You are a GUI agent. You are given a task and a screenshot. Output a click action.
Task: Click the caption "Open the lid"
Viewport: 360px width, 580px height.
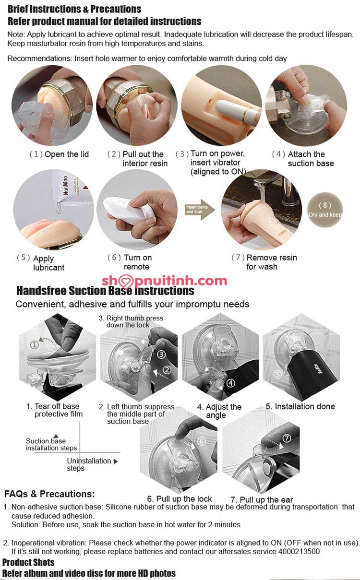click(x=67, y=154)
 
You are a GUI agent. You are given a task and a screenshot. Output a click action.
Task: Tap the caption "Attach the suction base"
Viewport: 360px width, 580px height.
click(x=311, y=159)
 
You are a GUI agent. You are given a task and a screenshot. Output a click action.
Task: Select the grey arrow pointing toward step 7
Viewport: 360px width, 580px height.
click(x=200, y=210)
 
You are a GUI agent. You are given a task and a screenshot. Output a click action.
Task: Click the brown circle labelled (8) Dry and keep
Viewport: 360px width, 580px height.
click(x=325, y=210)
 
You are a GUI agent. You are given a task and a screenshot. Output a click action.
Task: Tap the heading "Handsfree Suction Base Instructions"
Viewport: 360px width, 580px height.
click(x=105, y=291)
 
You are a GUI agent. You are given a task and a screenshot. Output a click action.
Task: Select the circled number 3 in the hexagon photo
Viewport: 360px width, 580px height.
click(x=161, y=354)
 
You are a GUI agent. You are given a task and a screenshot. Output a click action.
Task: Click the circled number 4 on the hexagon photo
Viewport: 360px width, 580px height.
click(x=230, y=383)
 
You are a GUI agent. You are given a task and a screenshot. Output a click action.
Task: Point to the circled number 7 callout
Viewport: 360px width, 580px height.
click(x=287, y=438)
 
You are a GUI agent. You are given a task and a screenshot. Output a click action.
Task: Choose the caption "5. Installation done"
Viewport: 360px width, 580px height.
click(x=300, y=406)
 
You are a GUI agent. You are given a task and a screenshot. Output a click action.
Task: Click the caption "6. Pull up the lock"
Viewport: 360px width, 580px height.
click(x=179, y=499)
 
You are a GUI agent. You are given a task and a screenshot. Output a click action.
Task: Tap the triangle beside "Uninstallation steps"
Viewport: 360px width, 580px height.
click(x=116, y=461)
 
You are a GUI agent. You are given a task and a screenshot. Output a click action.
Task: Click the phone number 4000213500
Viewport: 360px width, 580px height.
click(x=299, y=551)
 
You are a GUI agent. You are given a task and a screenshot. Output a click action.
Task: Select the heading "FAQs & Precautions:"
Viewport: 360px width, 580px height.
click(x=49, y=494)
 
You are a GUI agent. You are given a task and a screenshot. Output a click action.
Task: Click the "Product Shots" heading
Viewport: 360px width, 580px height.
click(x=28, y=562)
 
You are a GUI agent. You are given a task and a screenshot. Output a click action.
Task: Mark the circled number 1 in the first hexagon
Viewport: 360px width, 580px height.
click(x=35, y=344)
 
